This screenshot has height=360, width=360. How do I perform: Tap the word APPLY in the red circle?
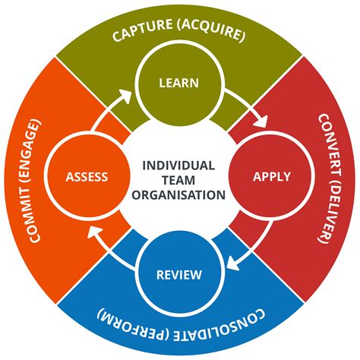271,177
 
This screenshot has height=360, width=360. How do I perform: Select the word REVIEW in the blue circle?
178,274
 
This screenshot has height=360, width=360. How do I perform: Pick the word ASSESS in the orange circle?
87,178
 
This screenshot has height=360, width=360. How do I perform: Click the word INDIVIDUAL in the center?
179,165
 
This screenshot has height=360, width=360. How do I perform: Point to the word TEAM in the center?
179,180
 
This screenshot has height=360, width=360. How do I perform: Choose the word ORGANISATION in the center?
179,194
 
